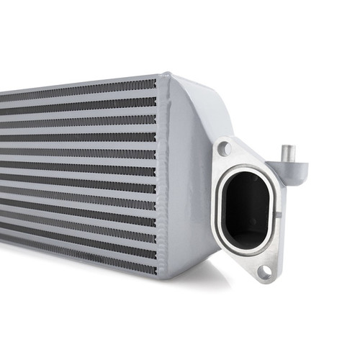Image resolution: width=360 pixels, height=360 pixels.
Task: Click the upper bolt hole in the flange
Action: click(x=225, y=149)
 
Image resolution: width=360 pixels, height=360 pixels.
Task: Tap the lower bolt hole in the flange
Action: click(x=264, y=271)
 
